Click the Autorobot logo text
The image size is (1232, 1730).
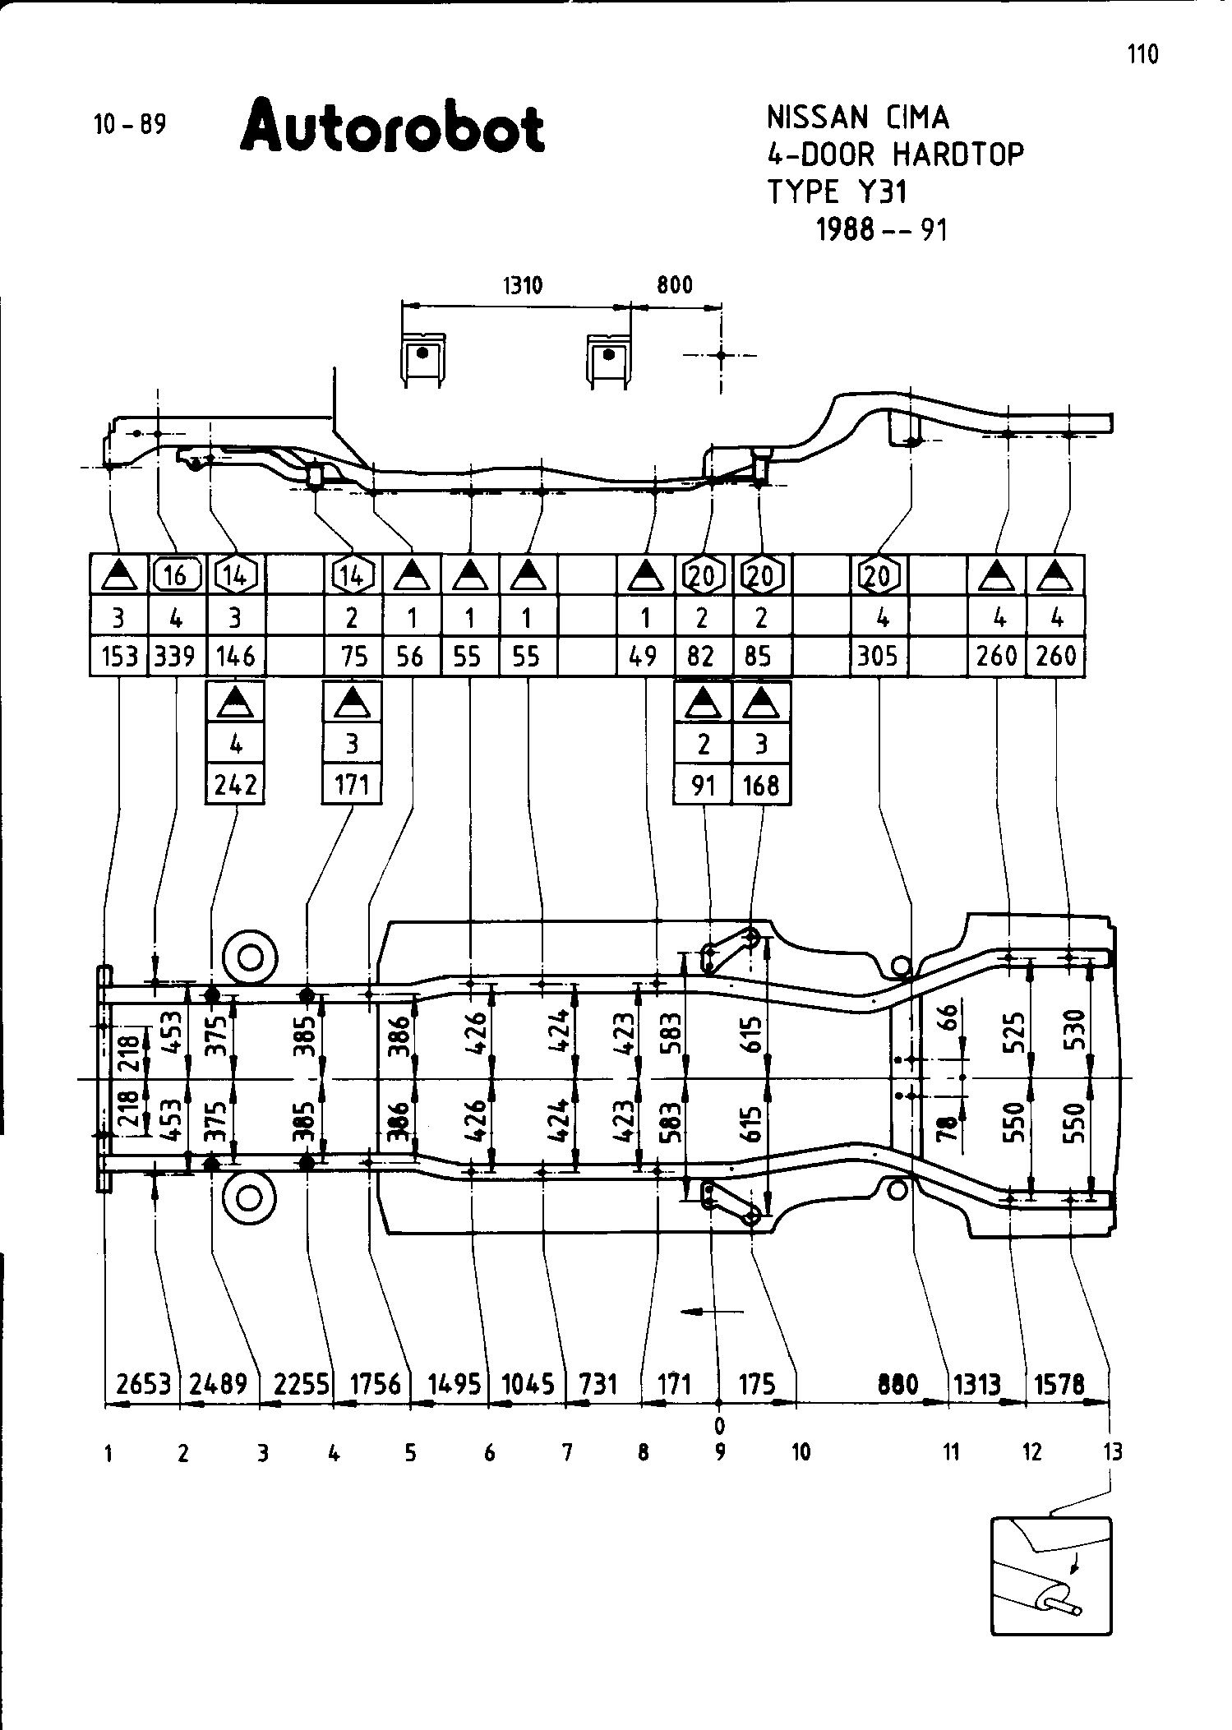point(393,127)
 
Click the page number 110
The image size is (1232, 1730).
point(1142,54)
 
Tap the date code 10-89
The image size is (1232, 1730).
point(130,125)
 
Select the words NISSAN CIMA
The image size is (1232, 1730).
point(858,118)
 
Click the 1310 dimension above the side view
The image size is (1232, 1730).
point(522,286)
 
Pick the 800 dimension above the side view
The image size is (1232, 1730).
point(675,286)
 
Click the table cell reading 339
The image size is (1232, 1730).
point(176,656)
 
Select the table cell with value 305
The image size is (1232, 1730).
point(878,656)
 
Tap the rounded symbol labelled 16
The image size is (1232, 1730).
point(177,574)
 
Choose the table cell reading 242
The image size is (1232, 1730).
point(235,785)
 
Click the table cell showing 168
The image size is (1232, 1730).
point(761,785)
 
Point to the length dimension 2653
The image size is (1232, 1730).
point(143,1384)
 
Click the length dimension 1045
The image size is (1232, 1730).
point(528,1384)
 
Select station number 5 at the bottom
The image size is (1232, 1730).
point(410,1453)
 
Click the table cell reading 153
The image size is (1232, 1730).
point(118,656)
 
